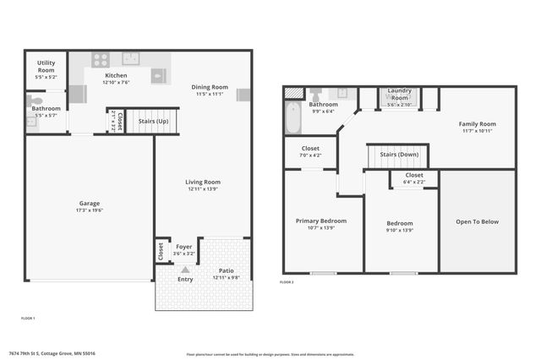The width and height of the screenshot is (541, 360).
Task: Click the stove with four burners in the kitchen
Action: [101, 60]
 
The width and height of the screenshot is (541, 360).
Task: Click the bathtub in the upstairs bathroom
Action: [292, 118]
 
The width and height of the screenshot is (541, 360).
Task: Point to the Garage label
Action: [90, 204]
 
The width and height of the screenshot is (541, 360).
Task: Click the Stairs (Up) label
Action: [153, 121]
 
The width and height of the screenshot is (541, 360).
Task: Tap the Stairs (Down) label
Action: [396, 155]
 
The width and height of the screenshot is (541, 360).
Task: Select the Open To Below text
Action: [478, 222]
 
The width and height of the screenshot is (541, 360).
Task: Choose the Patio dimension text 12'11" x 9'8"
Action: [227, 277]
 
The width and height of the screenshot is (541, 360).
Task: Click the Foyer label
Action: [183, 247]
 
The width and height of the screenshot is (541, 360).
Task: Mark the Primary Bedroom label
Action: [321, 221]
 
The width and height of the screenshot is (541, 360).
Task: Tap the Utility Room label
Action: [46, 66]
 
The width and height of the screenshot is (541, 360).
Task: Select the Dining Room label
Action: [209, 87]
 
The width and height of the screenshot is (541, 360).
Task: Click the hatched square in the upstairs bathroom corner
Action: [292, 93]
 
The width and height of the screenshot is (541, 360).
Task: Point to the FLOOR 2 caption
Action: [287, 281]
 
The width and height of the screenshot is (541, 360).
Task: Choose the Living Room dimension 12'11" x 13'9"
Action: [203, 189]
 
